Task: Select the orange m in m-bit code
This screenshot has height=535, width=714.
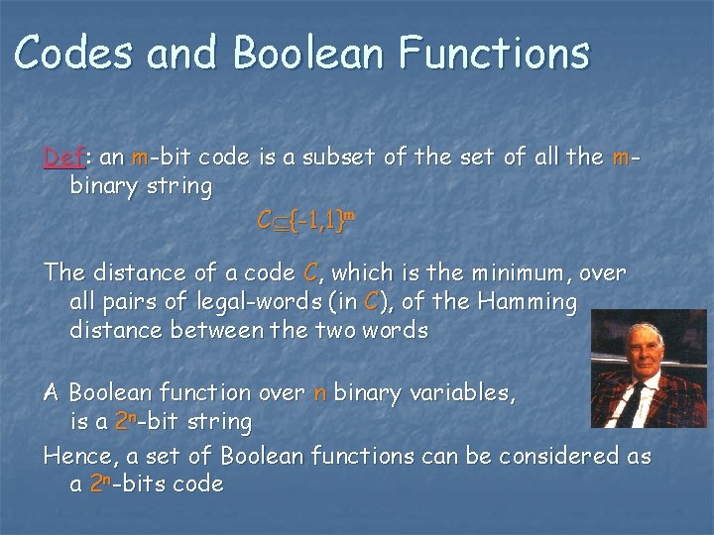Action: pyautogui.click(x=140, y=158)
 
